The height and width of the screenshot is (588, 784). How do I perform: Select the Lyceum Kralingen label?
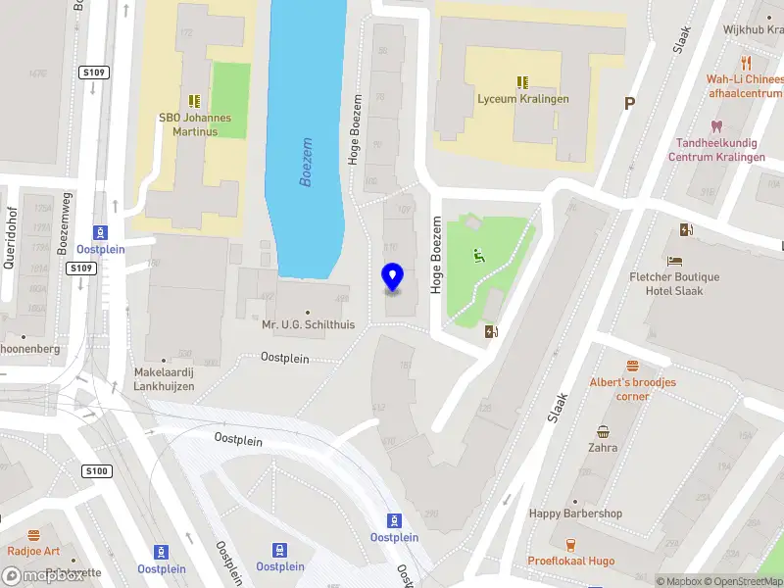522,99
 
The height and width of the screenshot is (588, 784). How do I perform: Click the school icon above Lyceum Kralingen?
522,82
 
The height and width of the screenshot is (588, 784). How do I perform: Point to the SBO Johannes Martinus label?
195,123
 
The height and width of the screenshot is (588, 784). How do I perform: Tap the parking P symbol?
629,103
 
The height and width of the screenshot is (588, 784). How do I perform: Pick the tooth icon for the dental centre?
716,126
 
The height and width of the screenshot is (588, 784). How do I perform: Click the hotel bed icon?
674,261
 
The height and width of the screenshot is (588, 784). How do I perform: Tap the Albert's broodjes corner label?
632,389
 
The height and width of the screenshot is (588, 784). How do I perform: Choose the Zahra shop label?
603,448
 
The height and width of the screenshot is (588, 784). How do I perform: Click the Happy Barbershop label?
575,514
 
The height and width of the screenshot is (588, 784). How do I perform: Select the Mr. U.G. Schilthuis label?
308,324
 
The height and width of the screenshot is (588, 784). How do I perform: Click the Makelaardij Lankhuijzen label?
165,379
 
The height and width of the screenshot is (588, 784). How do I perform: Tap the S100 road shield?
97,471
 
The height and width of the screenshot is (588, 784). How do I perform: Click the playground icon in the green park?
478,257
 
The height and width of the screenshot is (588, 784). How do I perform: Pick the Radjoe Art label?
33,551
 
